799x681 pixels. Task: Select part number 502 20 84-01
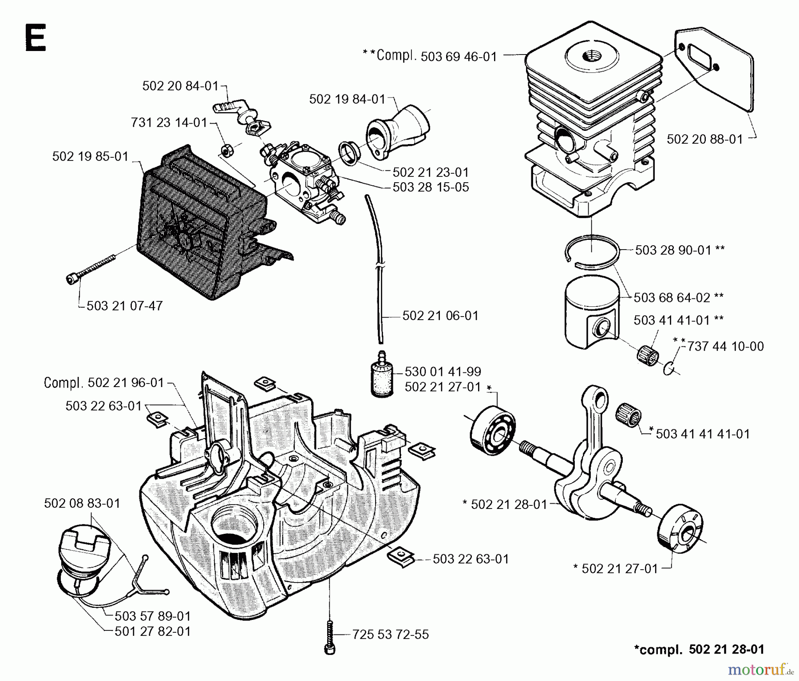[x=180, y=86]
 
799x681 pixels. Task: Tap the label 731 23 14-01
[x=169, y=122]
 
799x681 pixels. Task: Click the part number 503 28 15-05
[x=431, y=187]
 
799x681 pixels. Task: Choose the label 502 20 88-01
[x=704, y=139]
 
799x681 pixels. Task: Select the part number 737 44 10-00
[x=725, y=346]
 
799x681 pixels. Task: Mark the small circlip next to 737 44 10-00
[x=669, y=367]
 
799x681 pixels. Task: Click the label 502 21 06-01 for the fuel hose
[x=440, y=316]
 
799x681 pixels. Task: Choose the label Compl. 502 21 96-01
[x=104, y=383]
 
